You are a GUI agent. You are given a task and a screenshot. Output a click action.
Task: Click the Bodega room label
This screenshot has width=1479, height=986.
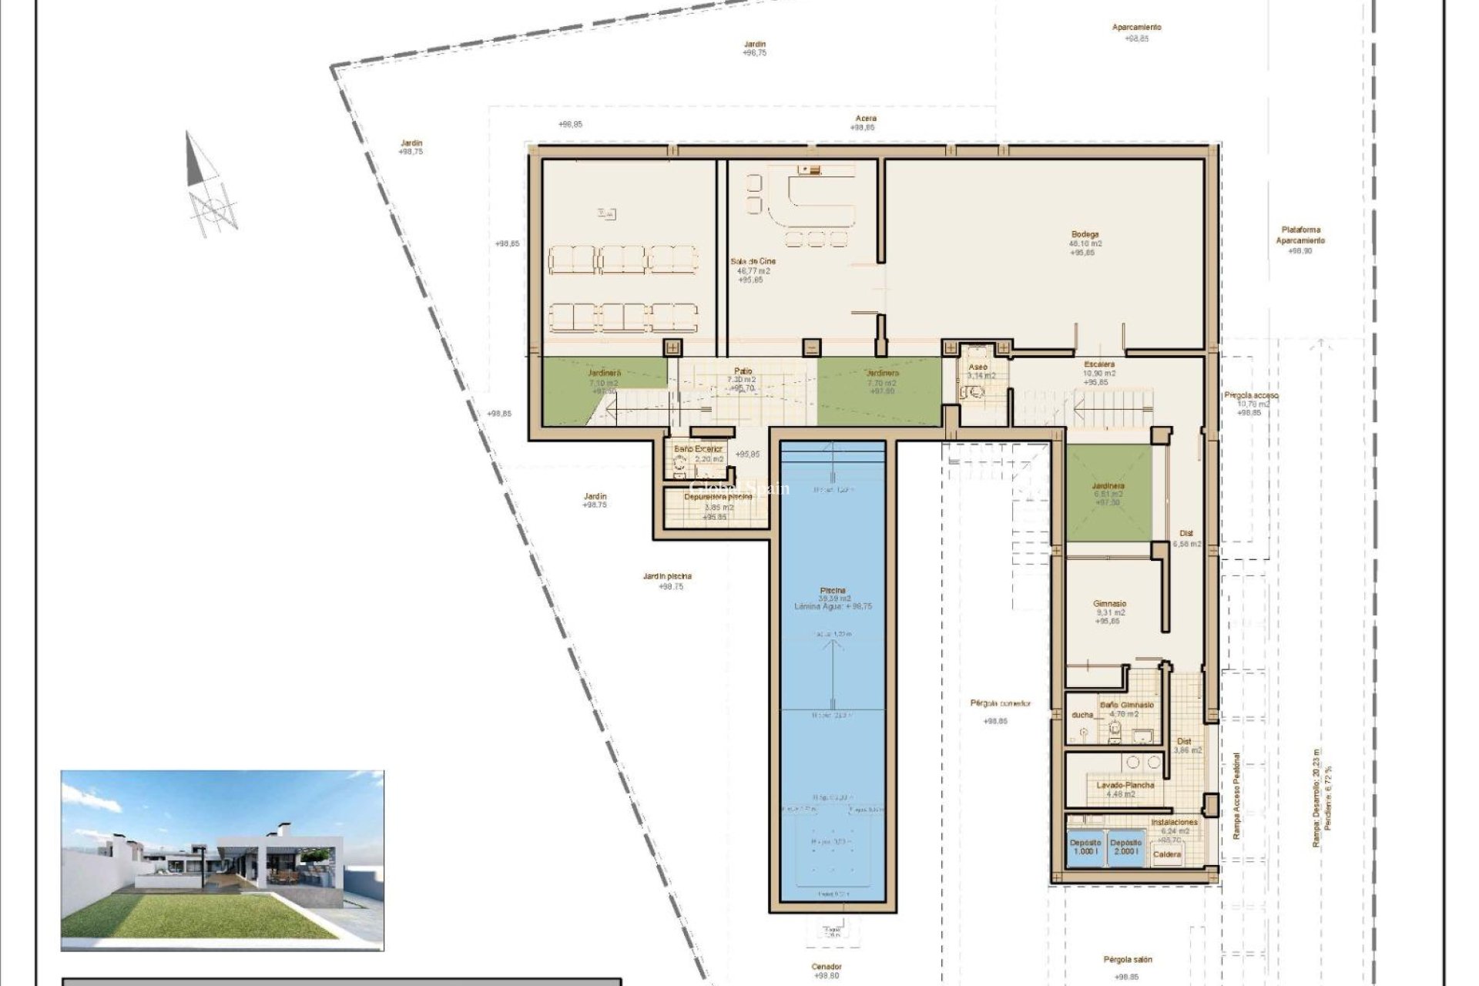pos(1084,234)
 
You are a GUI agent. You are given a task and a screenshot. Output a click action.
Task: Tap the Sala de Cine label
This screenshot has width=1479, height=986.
pos(753,262)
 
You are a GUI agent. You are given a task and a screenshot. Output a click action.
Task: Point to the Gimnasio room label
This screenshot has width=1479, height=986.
pos(1109,604)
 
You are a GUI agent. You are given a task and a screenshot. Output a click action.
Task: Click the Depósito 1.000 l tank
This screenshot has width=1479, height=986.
pos(1085,847)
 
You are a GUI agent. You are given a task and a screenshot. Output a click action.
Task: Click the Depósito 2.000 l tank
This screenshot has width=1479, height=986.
pos(1125,847)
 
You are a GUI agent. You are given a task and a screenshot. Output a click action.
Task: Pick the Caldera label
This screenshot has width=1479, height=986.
pos(1168,854)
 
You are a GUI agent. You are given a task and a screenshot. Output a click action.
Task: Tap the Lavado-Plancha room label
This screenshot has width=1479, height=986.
pos(1125,786)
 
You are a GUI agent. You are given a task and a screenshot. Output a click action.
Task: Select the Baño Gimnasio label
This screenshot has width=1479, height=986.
pos(1126,705)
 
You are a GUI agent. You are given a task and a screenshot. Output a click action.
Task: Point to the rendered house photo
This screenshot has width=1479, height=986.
pos(222,860)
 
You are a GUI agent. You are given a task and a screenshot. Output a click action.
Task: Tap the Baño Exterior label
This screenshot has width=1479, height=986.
pos(699,448)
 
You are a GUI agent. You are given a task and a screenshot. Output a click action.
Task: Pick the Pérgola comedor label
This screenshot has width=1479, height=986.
pos(1000,703)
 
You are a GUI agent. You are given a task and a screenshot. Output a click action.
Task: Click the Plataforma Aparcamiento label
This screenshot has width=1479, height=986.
pos(1300,235)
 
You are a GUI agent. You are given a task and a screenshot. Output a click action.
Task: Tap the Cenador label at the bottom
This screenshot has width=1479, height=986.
pos(827,967)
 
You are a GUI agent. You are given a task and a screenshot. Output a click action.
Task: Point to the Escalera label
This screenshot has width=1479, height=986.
pos(1099,364)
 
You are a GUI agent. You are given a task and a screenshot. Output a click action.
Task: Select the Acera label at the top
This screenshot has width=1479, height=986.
pos(866,119)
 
